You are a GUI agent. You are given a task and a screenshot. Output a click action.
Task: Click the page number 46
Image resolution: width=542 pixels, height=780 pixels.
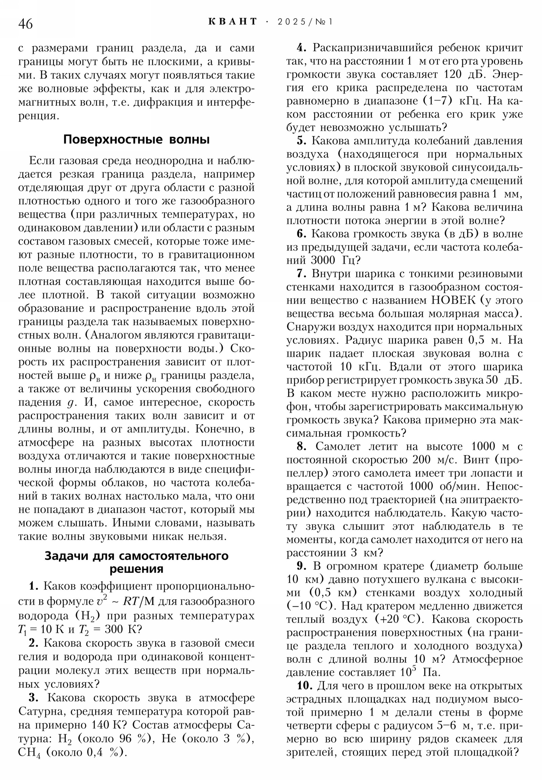pyautogui.click(x=25, y=24)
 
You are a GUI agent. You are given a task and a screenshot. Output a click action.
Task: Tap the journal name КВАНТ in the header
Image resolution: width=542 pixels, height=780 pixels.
pyautogui.click(x=232, y=22)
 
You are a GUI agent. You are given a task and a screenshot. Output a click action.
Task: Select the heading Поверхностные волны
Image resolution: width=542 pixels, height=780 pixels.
pyautogui.click(x=137, y=140)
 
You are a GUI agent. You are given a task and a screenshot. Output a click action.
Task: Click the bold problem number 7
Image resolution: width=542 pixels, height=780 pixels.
pyautogui.click(x=302, y=274)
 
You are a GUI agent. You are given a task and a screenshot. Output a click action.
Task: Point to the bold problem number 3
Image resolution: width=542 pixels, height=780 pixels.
pyautogui.click(x=33, y=698)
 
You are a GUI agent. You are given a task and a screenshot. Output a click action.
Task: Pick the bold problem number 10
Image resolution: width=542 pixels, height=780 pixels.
pyautogui.click(x=305, y=686)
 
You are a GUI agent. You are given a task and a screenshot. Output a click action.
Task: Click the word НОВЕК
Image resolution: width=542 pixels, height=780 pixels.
pyautogui.click(x=454, y=301)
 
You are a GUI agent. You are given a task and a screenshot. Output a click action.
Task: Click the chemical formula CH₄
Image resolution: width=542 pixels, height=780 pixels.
pyautogui.click(x=29, y=752)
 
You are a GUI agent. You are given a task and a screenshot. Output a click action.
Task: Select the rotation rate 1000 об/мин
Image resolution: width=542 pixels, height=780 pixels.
pyautogui.click(x=444, y=486)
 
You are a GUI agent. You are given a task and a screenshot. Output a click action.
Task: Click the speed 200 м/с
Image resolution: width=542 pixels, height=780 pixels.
pyautogui.click(x=435, y=460)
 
